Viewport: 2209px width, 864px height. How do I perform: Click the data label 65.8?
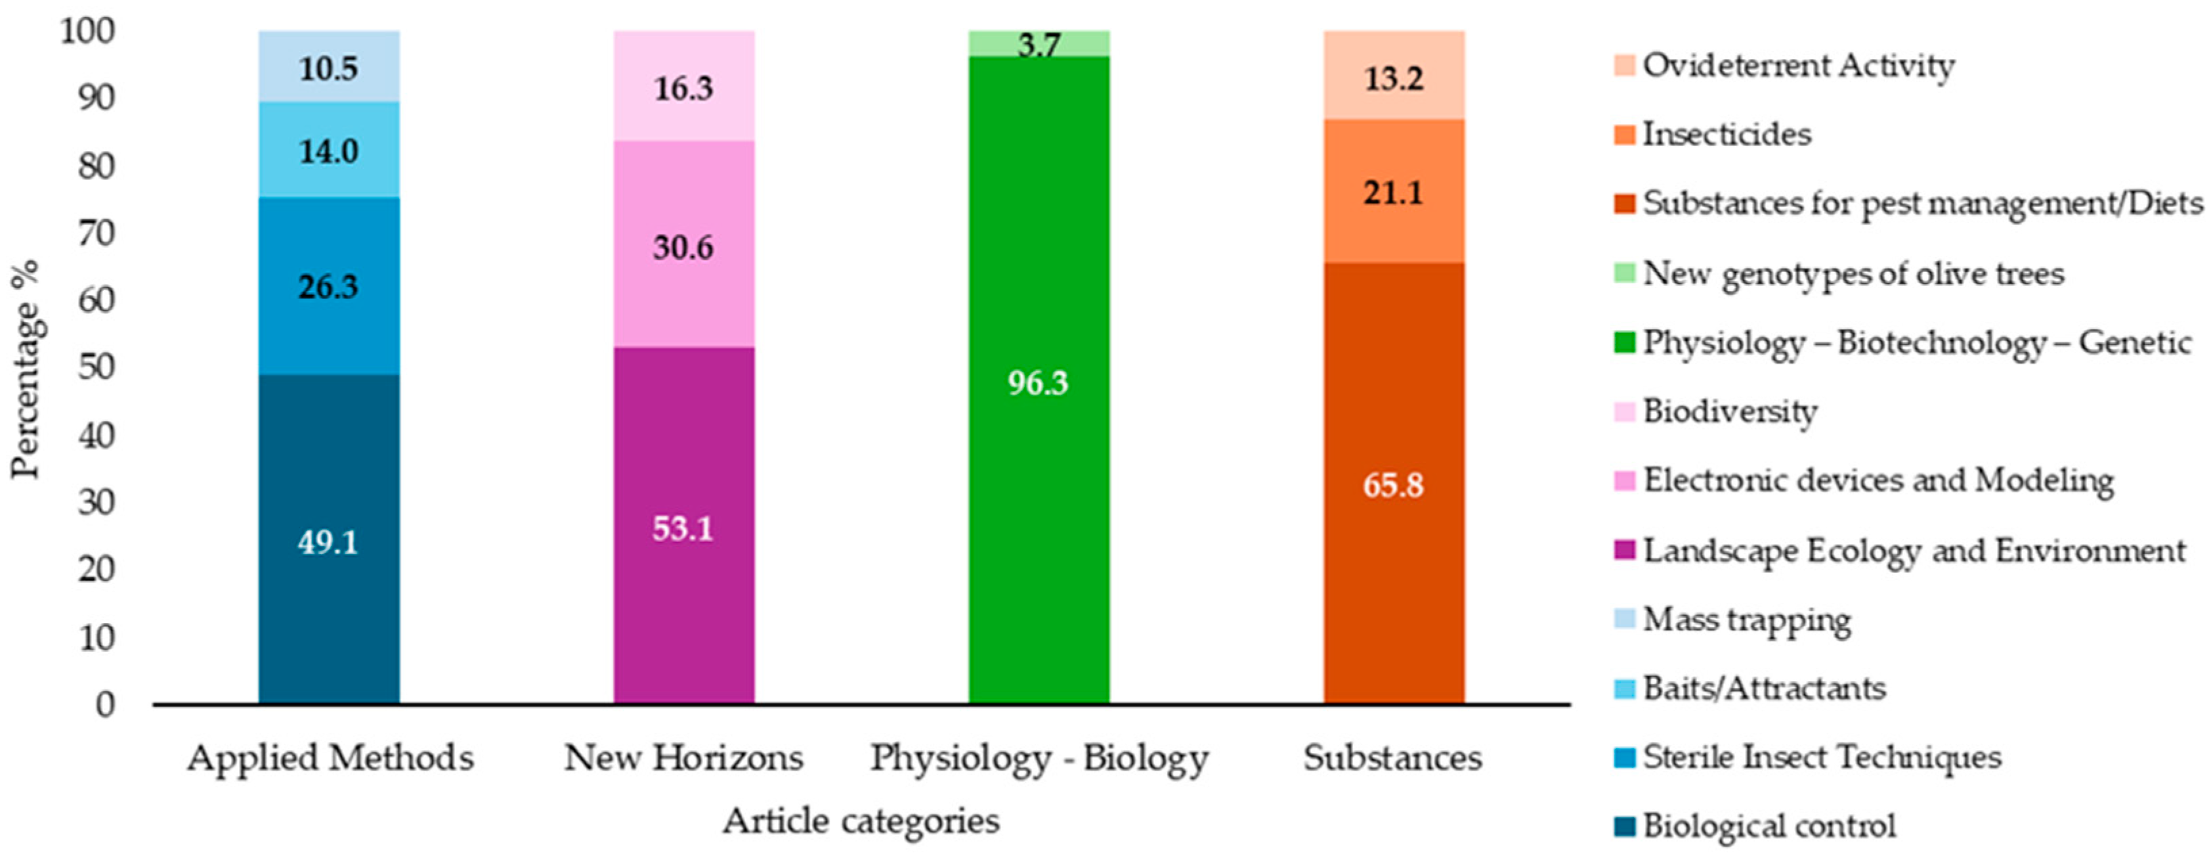coord(1394,485)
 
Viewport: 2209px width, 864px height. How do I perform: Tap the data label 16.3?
coord(683,88)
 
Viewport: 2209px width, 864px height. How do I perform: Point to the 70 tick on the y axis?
coord(97,233)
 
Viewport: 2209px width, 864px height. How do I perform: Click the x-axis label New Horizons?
coord(683,758)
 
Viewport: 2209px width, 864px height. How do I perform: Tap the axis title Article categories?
coord(861,821)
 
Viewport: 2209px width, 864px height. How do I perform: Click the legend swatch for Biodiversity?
coord(1624,411)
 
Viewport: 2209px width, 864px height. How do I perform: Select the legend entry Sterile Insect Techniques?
coord(1822,757)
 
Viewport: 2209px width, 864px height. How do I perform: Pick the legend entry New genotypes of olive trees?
coord(1853,273)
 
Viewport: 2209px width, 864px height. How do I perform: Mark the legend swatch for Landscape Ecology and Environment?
coord(1624,549)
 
